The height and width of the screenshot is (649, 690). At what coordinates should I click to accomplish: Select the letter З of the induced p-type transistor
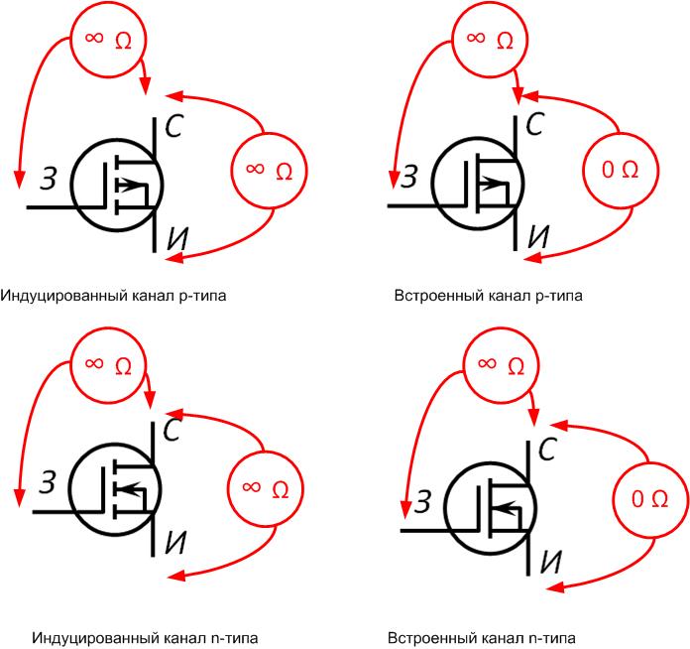[x=49, y=179]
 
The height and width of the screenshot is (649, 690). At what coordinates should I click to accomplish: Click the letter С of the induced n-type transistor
[x=172, y=430]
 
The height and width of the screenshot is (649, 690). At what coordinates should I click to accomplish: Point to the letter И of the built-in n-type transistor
[x=550, y=562]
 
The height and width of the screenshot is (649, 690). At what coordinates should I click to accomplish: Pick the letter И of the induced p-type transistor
[x=177, y=239]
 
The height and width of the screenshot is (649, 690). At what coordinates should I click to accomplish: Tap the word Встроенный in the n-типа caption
[x=433, y=638]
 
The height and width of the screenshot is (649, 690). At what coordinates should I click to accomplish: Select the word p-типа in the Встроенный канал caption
[x=558, y=296]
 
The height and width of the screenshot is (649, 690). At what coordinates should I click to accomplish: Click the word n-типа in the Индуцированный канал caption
[x=234, y=638]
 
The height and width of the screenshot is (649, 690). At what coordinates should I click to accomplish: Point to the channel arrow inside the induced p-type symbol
[x=129, y=185]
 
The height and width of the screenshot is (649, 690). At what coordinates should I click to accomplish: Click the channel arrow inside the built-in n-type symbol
[x=506, y=509]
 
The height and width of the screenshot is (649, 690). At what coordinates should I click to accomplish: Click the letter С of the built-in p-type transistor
[x=535, y=124]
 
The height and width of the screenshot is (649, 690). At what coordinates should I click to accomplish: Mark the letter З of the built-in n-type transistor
[x=422, y=501]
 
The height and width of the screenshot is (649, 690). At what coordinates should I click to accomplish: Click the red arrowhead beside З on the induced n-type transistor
[x=19, y=497]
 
